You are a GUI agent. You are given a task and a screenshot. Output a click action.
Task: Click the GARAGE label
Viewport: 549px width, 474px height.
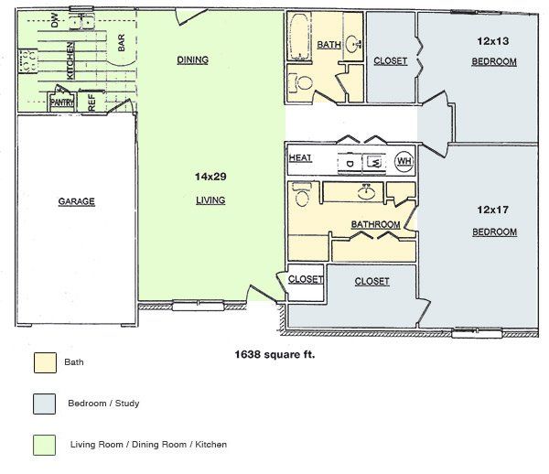[x=77, y=201]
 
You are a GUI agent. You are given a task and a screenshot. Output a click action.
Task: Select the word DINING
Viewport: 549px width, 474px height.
[x=193, y=60]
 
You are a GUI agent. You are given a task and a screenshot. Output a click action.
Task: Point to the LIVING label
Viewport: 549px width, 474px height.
[x=210, y=199]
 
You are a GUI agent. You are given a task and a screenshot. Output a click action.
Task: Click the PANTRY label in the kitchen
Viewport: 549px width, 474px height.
[x=62, y=102]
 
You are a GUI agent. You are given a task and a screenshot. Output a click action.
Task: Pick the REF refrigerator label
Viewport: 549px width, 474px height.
[x=91, y=101]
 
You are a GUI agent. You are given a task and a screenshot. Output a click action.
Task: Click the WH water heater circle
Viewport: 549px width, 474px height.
[x=404, y=162]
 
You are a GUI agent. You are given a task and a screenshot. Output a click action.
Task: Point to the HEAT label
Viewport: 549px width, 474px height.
[x=300, y=158]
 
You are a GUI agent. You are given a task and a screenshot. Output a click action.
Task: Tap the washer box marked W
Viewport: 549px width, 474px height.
[x=374, y=163]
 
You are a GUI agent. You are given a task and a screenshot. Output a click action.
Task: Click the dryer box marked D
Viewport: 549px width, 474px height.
[x=350, y=163]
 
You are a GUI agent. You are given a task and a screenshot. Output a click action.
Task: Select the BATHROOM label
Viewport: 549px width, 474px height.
[x=375, y=224]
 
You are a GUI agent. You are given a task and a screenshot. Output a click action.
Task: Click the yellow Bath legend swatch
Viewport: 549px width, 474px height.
[x=43, y=363]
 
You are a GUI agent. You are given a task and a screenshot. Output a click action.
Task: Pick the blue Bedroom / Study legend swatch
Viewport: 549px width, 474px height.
[x=43, y=403]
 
